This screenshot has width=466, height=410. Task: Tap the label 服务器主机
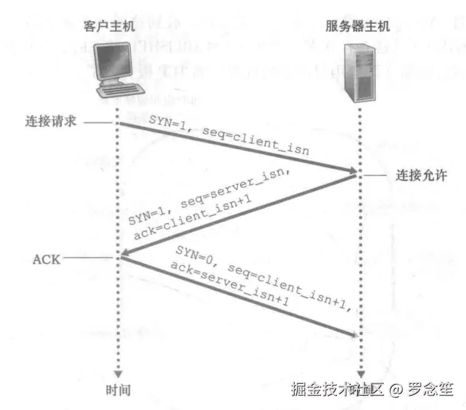coord(357,27)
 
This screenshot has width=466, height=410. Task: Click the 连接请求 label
coord(51,121)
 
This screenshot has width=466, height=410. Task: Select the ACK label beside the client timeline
coord(46,258)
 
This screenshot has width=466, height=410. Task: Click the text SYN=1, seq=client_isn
coord(228,135)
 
